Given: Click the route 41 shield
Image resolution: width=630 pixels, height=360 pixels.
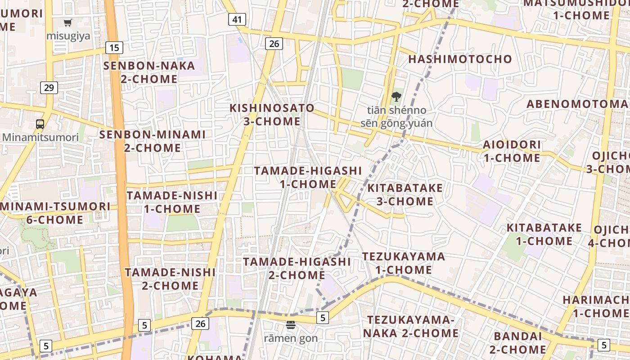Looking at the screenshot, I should point(237,19).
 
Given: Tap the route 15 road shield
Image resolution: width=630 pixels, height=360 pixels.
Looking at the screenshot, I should point(114,47).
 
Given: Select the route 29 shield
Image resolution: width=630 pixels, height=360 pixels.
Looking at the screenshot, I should point(49,87).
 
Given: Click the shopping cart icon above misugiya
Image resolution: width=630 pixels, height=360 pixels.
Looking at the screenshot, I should point(68,22).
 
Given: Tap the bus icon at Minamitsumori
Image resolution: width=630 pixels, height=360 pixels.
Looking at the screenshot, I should point(40,124).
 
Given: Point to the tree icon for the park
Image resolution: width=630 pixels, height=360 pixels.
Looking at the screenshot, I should point(396,96).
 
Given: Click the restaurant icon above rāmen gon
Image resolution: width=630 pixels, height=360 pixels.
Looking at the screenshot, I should point(291,325).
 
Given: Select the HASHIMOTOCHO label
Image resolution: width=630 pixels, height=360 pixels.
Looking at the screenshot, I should point(460,59).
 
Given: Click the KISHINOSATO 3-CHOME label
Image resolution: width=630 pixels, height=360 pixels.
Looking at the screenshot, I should point(272,115).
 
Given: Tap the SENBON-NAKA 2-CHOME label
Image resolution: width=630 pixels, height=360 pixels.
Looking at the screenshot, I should point(149,72).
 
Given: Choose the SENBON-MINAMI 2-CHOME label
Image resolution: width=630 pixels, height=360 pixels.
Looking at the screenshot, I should point(152,141).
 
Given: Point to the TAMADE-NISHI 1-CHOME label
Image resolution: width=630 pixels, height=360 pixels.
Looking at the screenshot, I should point(172,202).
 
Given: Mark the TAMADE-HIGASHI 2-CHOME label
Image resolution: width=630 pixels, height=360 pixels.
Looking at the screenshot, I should point(297,268).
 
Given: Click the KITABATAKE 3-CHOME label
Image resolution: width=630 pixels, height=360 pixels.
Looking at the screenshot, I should point(405,194).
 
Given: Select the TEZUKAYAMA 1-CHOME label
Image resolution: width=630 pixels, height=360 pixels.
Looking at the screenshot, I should point(404,263).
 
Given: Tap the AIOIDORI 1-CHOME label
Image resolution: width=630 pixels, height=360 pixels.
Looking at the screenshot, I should point(512,151).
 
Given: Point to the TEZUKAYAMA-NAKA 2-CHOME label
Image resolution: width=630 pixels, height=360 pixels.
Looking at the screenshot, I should point(411,326).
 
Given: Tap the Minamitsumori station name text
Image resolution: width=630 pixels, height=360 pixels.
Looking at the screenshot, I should point(40,137).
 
